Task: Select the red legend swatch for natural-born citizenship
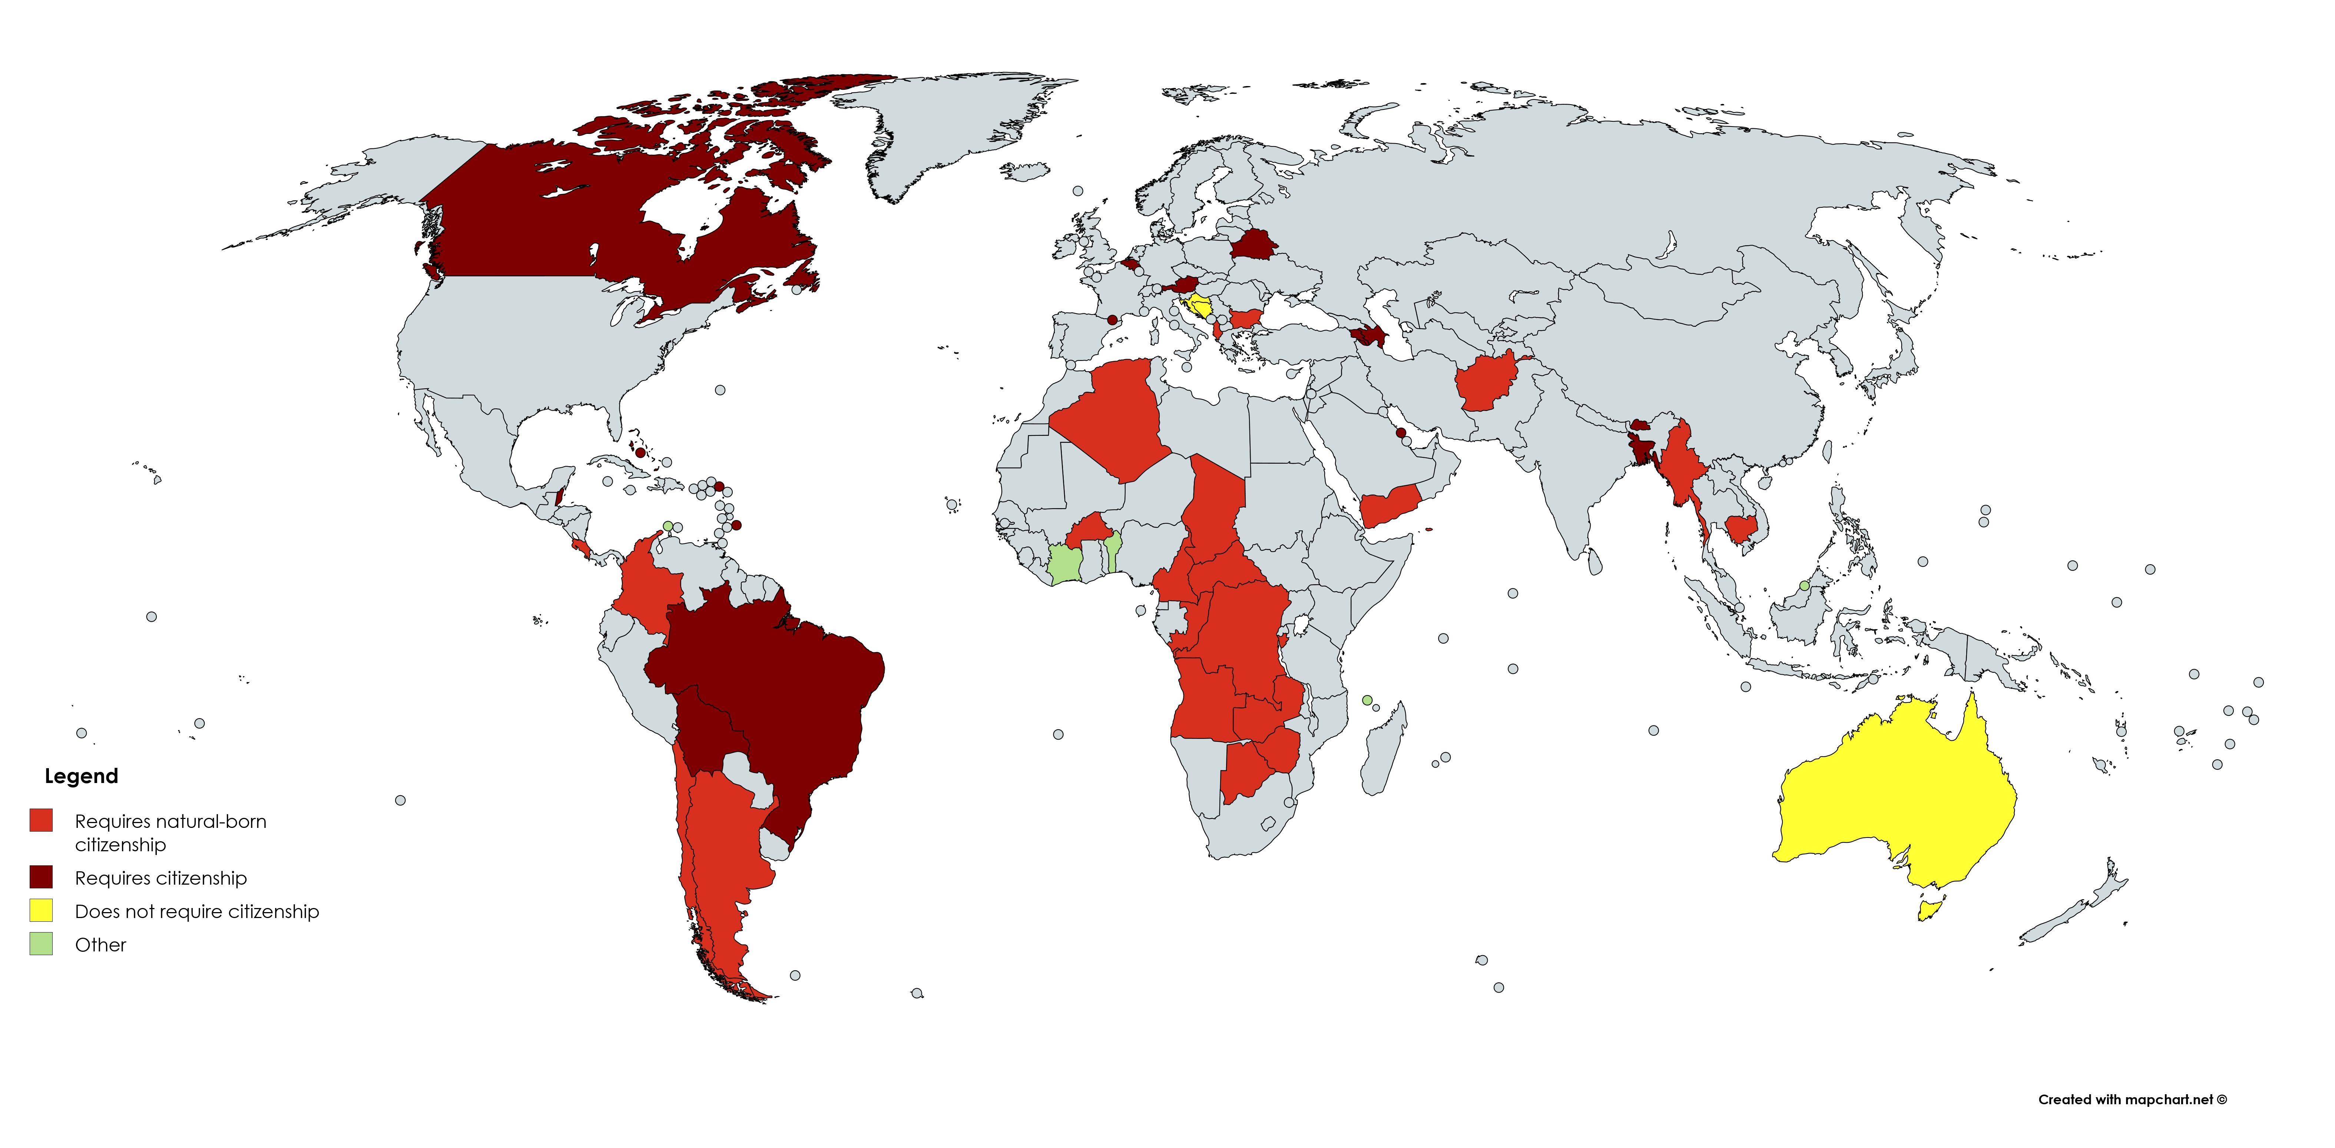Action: pyautogui.click(x=41, y=820)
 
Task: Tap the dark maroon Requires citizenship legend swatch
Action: pyautogui.click(x=41, y=877)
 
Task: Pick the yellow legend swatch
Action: pyautogui.click(x=41, y=910)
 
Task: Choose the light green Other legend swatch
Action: pyautogui.click(x=41, y=944)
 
